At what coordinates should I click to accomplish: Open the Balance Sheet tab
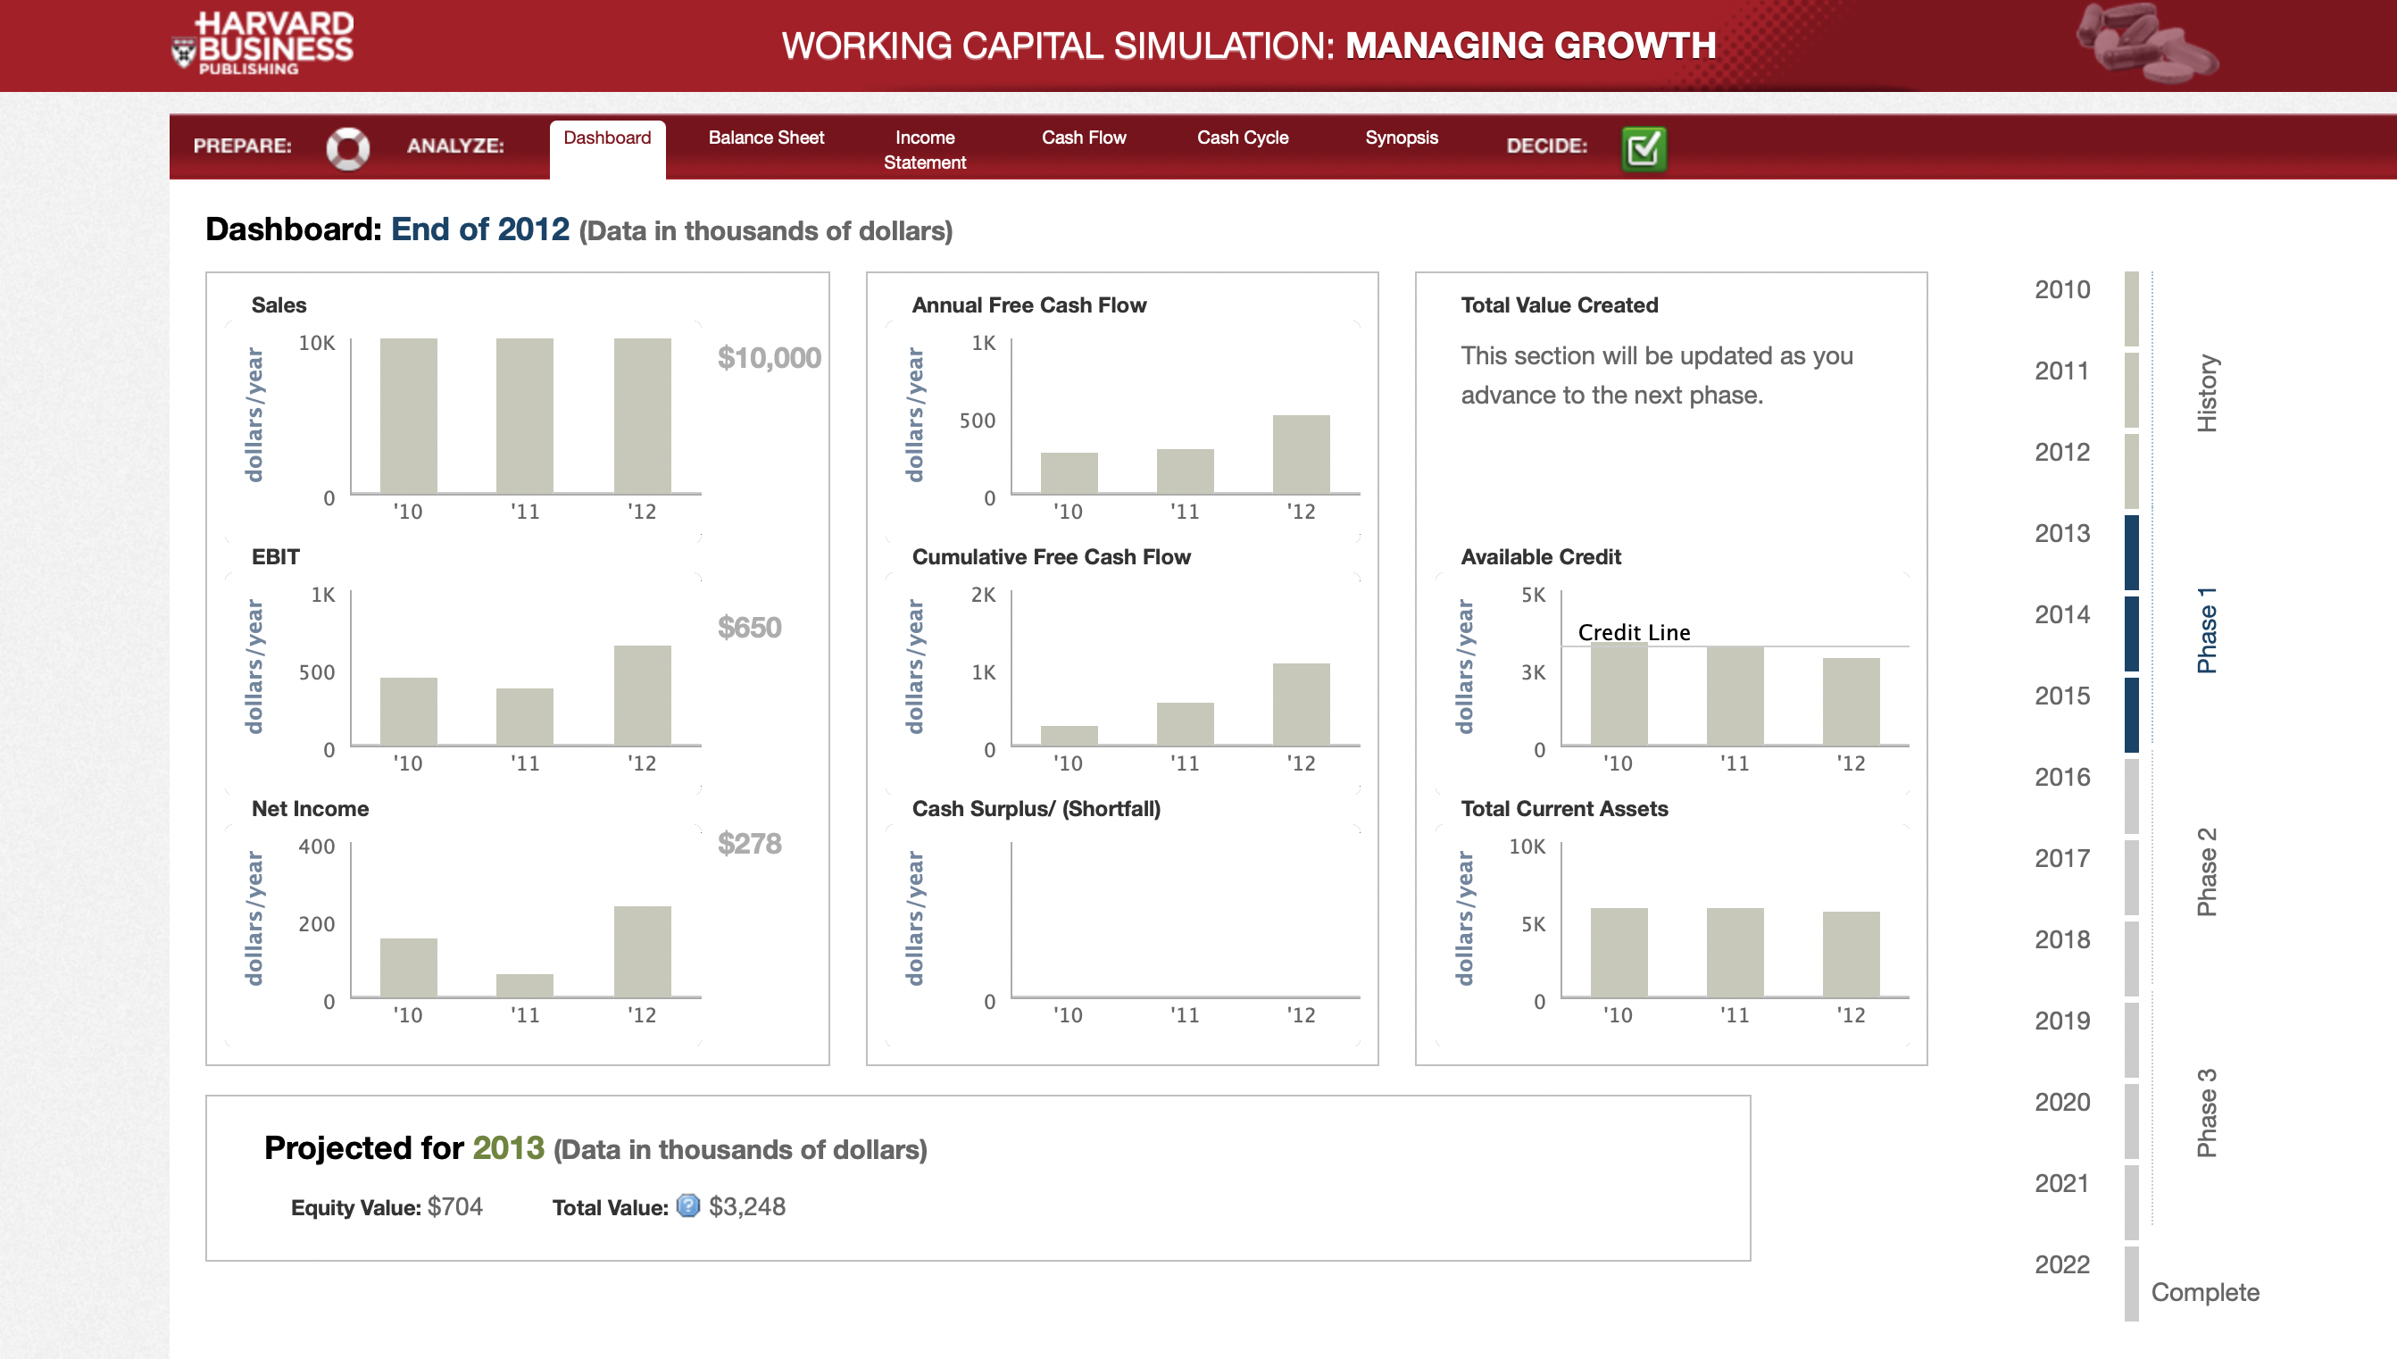pos(765,138)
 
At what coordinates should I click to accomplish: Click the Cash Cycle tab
pos(1242,138)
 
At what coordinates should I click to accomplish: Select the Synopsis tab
pos(1401,138)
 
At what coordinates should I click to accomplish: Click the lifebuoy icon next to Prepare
pos(347,147)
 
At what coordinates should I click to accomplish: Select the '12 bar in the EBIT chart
pos(642,695)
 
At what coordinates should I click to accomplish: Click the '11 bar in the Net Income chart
pos(524,985)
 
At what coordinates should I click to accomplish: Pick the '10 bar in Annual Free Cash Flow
pos(1069,472)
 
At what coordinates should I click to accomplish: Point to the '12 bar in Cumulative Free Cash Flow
pos(1301,704)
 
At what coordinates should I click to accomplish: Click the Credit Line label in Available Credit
pos(1633,632)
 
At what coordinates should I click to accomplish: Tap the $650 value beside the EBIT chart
pos(749,627)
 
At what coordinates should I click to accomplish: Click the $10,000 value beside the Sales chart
pos(769,357)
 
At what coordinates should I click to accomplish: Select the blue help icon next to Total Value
pos(687,1206)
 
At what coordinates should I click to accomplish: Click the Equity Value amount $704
pos(455,1207)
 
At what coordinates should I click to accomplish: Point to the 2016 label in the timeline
pos(2062,777)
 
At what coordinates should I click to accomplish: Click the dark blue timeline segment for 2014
pos(2131,633)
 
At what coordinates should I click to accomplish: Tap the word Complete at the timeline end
pos(2205,1292)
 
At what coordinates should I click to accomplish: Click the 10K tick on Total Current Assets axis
pos(1527,846)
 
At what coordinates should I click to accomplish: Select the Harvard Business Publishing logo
pos(263,44)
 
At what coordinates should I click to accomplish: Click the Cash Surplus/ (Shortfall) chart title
pos(1036,808)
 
